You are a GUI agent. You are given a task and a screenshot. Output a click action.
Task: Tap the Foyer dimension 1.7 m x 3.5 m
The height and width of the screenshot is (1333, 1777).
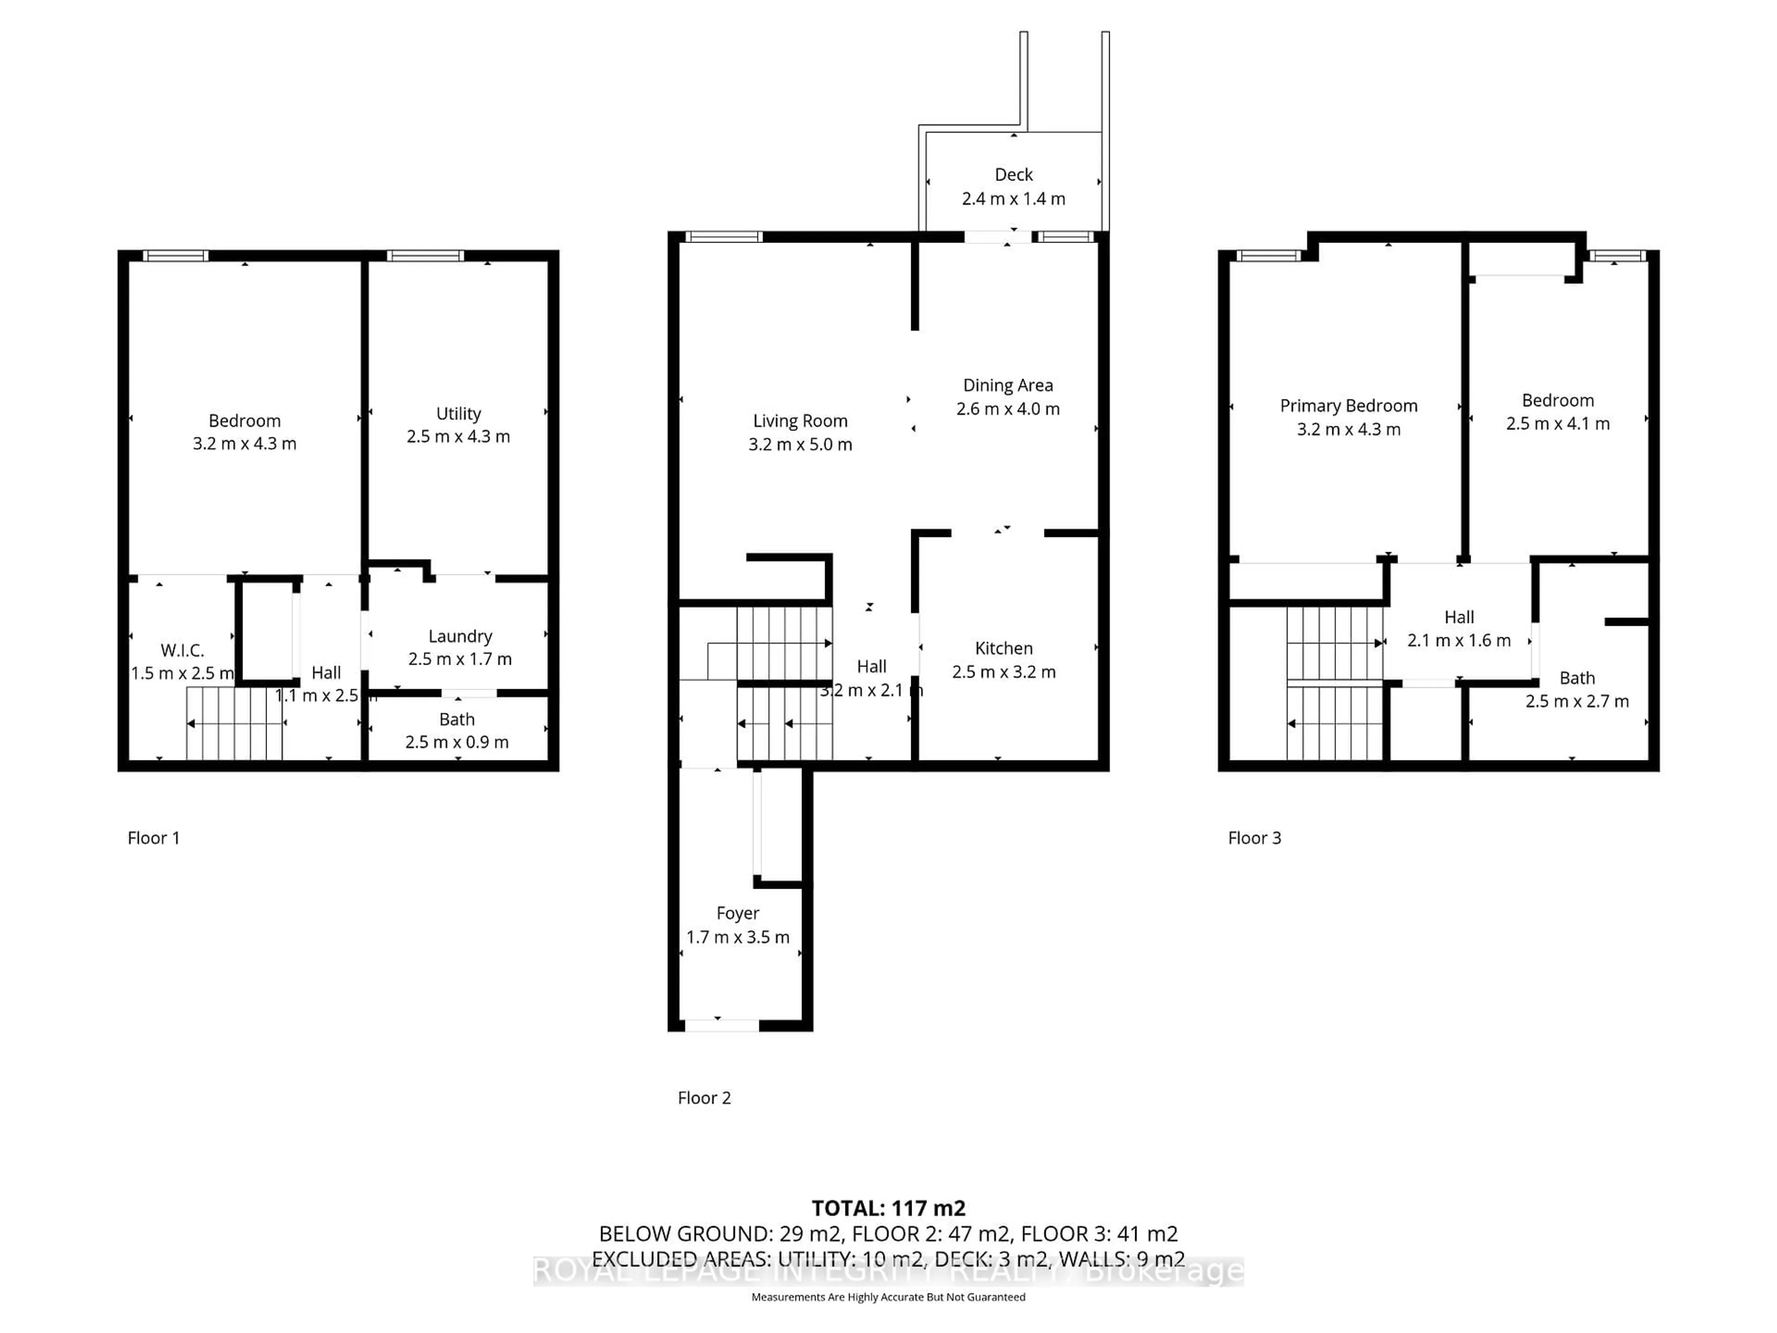coord(738,937)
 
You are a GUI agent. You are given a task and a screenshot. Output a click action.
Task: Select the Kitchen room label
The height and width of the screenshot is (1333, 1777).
coord(1003,648)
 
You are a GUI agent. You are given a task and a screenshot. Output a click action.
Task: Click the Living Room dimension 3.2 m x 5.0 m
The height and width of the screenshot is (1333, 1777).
coord(800,444)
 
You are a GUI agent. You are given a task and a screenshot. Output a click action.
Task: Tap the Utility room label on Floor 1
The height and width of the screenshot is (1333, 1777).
coord(459,414)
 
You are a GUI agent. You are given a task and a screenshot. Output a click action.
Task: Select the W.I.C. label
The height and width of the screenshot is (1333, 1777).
coord(182,650)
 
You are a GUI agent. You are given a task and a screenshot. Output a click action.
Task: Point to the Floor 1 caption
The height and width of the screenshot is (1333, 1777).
coord(154,838)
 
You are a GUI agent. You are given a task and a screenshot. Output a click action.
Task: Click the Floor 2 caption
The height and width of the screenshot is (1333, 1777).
coord(704,1097)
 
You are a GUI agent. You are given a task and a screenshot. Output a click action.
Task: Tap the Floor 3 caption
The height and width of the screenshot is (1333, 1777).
coord(1254,838)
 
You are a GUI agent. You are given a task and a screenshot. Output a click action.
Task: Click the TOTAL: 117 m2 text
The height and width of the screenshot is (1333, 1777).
coord(888,1208)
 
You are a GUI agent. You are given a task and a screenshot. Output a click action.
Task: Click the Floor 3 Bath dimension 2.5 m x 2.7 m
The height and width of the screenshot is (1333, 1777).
coord(1577,702)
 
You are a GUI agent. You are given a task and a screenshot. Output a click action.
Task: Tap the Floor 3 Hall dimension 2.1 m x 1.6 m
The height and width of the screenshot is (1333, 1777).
coord(1459,641)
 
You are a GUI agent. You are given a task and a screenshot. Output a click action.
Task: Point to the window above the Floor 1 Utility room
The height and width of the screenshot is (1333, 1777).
coord(425,255)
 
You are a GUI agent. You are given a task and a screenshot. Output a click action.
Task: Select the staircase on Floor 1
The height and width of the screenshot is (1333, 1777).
coord(235,725)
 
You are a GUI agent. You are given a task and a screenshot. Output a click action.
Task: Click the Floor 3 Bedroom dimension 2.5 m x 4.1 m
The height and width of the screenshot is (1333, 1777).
coord(1558,424)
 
